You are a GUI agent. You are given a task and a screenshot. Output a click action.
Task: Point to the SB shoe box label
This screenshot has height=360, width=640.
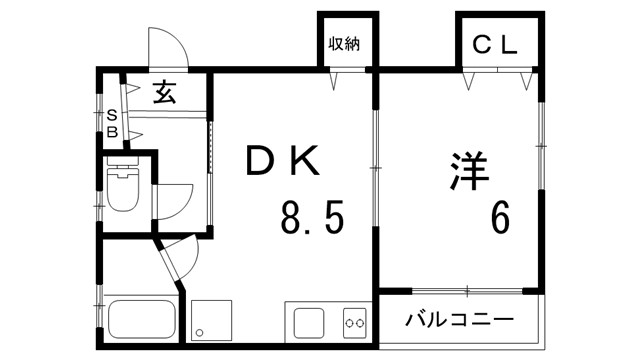pos(112,123)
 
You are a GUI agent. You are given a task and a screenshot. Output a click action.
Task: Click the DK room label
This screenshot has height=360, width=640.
pos(283,161)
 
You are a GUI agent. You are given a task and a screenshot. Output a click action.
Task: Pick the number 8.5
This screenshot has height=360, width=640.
pos(312,216)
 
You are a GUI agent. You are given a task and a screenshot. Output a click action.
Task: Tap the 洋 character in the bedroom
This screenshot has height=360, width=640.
pos(467,170)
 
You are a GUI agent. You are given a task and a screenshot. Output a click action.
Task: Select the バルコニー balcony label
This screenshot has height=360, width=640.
pos(460,321)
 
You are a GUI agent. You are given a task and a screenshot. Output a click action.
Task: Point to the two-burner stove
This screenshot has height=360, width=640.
pos(354,323)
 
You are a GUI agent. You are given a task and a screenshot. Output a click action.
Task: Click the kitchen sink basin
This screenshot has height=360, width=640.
pos(308,323)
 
